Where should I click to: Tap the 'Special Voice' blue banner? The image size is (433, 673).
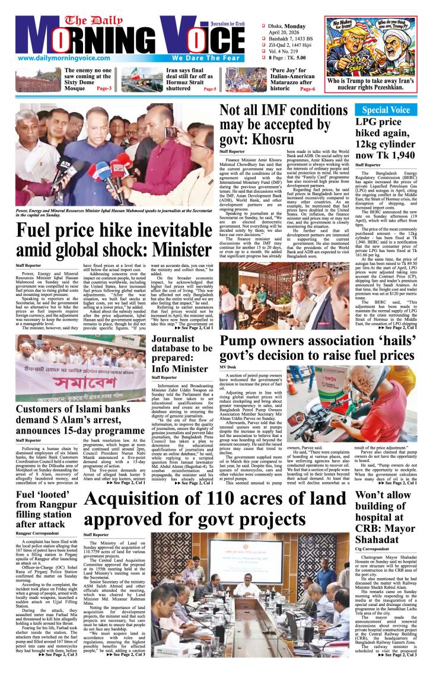click(390, 111)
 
